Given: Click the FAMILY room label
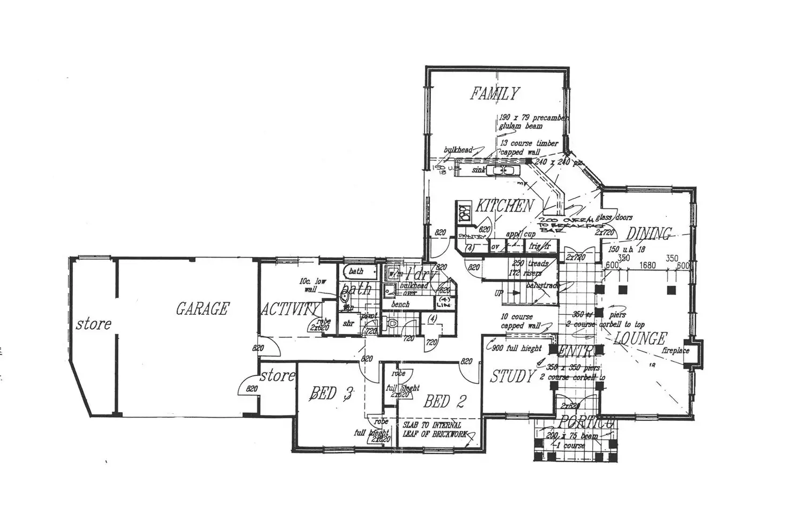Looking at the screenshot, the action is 495,94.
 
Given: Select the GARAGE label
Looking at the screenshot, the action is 202,308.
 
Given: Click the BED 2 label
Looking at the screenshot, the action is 444,401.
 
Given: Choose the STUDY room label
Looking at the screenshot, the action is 513,376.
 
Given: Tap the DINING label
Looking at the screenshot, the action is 649,234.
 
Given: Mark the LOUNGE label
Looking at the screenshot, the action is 640,338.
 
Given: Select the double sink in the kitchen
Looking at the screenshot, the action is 504,170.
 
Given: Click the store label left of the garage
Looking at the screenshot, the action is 93,323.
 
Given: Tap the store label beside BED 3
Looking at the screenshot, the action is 277,376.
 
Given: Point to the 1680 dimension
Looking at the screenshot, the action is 647,265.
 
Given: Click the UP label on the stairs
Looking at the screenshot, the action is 499,294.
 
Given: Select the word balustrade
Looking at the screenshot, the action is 542,286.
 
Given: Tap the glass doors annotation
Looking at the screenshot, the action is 615,217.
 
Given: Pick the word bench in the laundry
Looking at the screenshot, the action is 400,304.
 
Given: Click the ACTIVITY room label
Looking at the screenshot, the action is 290,309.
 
